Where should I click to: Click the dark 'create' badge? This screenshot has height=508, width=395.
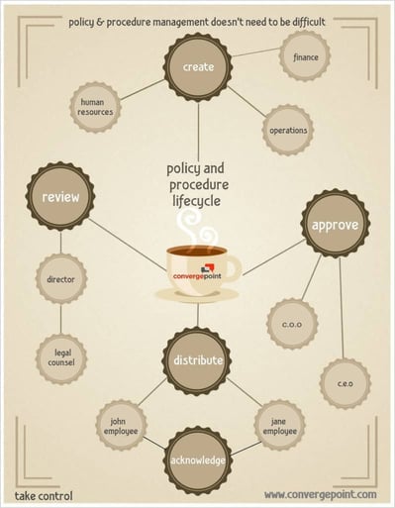(198, 67)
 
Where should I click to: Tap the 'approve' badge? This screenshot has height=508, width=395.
(335, 225)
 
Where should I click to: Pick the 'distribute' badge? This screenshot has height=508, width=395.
(198, 360)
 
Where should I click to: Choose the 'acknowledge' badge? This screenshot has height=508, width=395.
(198, 461)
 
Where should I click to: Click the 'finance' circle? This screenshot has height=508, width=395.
(305, 57)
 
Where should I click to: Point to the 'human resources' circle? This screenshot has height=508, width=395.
(94, 107)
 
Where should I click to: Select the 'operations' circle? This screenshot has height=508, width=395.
(288, 130)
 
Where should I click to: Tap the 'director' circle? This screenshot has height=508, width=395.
(60, 279)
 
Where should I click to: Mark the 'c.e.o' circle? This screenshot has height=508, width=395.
(344, 383)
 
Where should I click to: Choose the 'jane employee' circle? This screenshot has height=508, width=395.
(279, 426)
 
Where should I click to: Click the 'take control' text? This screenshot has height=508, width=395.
(44, 494)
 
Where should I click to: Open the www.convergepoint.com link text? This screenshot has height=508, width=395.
(320, 494)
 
